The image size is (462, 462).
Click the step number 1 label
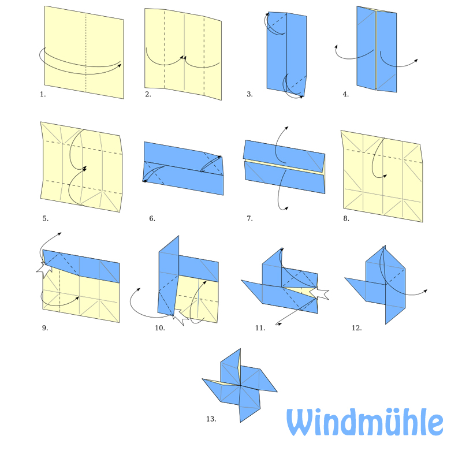(x=43, y=94)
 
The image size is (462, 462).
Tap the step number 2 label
(x=148, y=94)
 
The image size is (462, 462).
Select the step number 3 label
(x=249, y=94)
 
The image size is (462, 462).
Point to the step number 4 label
(x=345, y=94)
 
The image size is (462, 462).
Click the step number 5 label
(x=45, y=218)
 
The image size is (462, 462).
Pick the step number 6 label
(x=152, y=218)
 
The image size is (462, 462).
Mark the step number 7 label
(x=249, y=218)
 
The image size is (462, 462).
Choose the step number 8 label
(x=346, y=218)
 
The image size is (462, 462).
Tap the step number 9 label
(x=45, y=327)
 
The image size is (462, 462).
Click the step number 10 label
(x=160, y=327)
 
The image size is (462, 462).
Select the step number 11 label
(x=260, y=327)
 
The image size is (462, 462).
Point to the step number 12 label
(x=356, y=327)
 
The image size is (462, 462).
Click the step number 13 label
(x=211, y=419)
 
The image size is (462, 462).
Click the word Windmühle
(x=365, y=423)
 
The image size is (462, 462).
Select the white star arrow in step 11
(x=319, y=293)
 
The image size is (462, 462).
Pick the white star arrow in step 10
(x=178, y=316)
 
